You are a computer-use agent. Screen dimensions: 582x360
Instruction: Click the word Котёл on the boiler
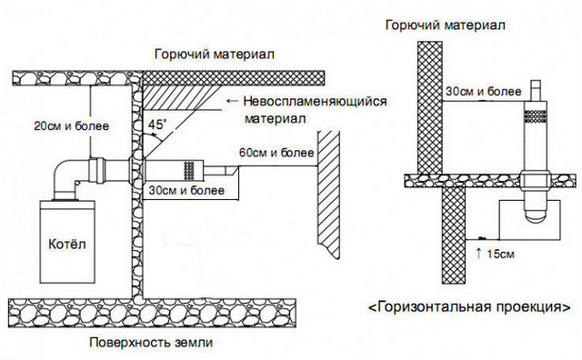click(x=67, y=244)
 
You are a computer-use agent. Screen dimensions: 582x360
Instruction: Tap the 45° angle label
click(x=157, y=124)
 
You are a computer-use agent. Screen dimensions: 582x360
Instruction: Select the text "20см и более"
click(x=72, y=125)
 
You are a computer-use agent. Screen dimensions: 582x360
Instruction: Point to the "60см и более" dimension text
click(x=276, y=152)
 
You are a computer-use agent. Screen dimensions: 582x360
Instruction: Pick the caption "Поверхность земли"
click(x=151, y=342)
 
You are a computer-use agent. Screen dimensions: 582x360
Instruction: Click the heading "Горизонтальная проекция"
click(x=469, y=307)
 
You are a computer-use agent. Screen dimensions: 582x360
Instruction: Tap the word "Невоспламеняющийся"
click(x=316, y=101)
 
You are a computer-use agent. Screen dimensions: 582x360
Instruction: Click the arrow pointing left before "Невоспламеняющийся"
click(x=233, y=101)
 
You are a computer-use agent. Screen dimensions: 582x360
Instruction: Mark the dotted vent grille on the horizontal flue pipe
click(x=189, y=169)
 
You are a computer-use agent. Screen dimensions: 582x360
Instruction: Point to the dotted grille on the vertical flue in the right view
click(x=535, y=116)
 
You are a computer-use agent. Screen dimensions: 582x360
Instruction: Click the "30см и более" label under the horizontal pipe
click(x=186, y=190)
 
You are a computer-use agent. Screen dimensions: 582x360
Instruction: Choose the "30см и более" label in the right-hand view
click(x=483, y=91)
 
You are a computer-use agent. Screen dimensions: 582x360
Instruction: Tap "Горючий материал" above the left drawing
click(x=215, y=55)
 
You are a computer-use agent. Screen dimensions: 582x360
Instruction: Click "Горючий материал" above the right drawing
click(x=446, y=25)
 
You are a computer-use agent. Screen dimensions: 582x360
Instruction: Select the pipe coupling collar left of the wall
click(x=97, y=170)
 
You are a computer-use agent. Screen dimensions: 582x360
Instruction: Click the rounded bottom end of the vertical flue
click(x=536, y=215)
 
